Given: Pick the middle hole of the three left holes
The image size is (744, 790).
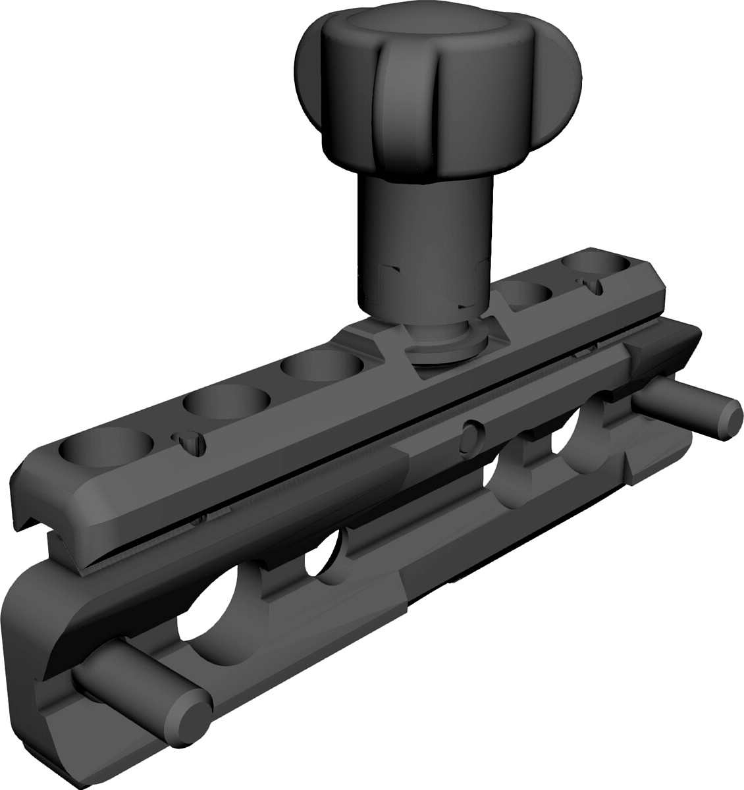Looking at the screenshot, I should (226, 404).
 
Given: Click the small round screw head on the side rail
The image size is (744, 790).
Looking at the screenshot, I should (471, 434).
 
